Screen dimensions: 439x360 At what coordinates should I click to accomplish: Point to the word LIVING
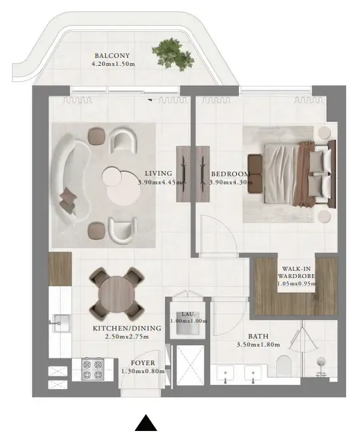tap(158, 173)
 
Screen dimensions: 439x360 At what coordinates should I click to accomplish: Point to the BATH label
tap(259, 336)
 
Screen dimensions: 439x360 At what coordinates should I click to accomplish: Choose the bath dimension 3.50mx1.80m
tap(258, 345)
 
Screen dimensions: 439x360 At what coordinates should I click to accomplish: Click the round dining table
tap(116, 293)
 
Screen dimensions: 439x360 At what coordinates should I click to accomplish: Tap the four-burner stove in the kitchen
tap(92, 370)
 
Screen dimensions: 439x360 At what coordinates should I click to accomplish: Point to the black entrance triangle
tap(146, 424)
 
